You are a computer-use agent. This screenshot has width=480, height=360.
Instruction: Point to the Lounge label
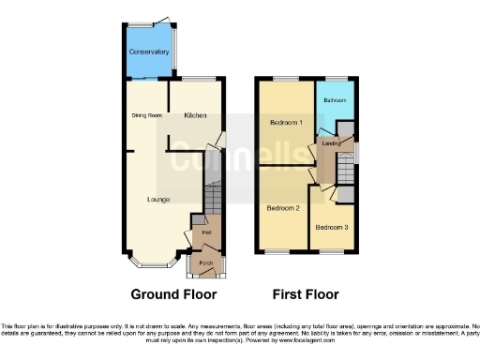pos(157,200)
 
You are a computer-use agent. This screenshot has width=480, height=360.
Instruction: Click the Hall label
pos(205,231)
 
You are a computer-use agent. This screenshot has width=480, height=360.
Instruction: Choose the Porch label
pos(205,263)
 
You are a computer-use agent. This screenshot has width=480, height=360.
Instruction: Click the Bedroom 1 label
pos(287,123)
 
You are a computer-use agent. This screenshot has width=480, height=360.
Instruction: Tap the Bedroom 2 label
pos(283,207)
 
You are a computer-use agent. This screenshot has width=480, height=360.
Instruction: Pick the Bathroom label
pos(335,99)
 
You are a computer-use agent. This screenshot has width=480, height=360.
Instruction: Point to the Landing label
pos(330,143)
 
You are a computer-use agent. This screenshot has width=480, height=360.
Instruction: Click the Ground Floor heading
pos(166,293)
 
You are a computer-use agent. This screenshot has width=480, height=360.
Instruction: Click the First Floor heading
pos(305,293)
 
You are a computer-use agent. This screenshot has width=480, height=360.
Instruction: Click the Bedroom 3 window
pos(332,250)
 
